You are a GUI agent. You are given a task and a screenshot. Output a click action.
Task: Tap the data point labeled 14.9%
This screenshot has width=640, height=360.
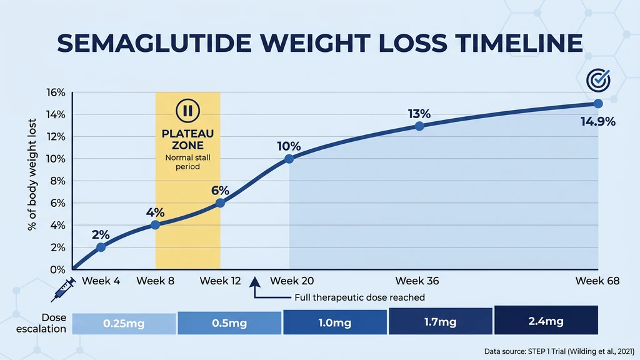[598, 104]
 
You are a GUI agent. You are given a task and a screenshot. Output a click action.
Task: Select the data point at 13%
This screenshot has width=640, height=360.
[419, 126]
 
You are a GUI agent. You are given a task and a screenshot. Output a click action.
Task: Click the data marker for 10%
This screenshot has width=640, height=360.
[289, 159]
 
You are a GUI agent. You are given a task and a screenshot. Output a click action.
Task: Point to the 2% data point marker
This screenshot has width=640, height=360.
[101, 247]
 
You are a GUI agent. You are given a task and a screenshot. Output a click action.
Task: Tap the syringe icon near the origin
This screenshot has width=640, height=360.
[63, 289]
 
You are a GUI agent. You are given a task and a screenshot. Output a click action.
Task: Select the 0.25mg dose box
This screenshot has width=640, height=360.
[124, 324]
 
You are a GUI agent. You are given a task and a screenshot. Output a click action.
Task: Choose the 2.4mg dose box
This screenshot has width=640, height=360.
[546, 321]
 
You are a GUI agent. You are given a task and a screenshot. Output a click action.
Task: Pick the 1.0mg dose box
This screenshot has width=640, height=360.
[334, 323]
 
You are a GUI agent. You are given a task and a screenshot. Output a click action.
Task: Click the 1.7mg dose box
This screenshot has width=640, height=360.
[440, 322]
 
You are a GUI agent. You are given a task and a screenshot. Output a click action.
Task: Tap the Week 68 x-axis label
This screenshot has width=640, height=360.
[597, 281]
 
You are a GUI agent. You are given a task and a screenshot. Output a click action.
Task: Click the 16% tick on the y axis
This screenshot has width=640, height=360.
[56, 92]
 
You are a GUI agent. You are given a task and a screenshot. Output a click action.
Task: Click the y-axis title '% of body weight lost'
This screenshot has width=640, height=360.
[32, 175]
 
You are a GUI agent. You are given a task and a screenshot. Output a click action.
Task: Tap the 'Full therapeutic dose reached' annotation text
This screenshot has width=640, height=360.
[355, 297]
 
